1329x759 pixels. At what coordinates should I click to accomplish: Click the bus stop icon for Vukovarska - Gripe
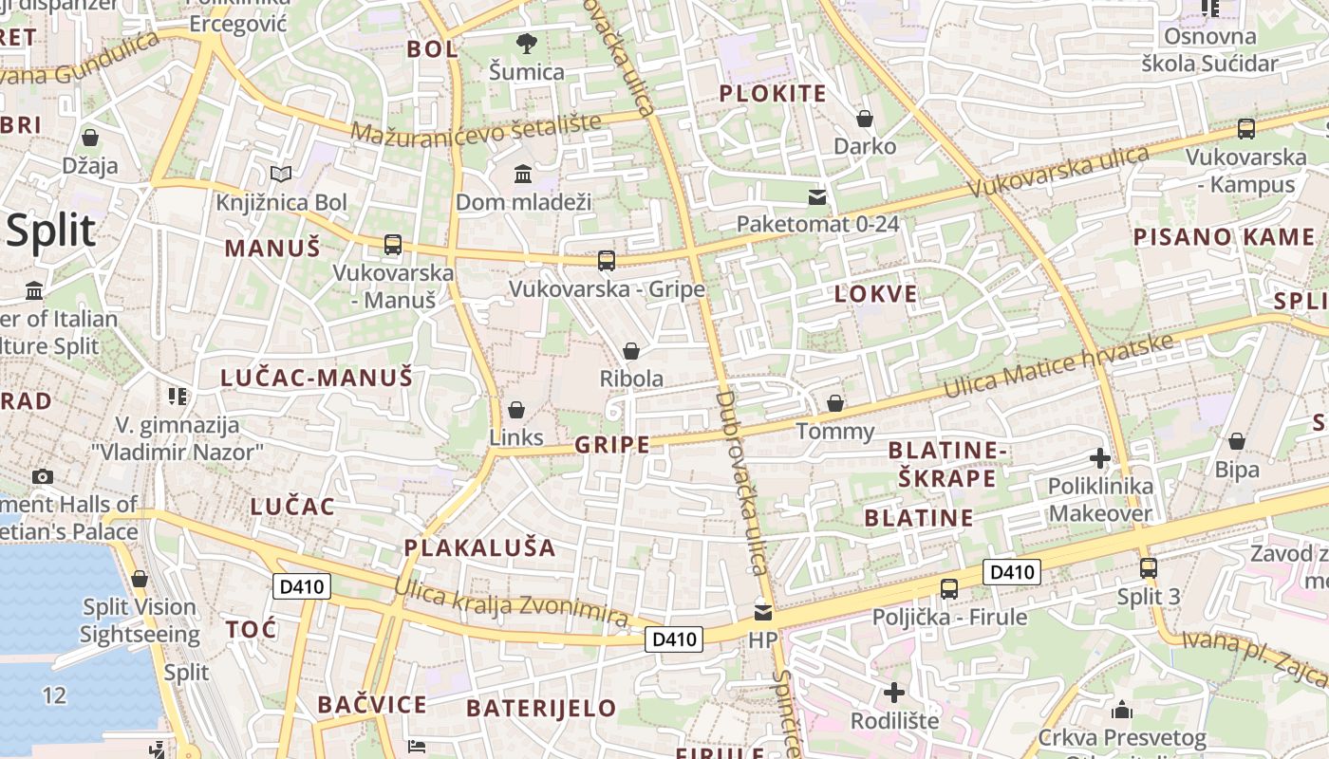click(x=607, y=260)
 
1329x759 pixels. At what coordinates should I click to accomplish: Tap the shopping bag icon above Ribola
click(x=631, y=351)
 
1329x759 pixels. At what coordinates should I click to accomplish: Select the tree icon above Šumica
click(x=526, y=43)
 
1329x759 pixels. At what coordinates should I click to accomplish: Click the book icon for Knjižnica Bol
click(x=280, y=174)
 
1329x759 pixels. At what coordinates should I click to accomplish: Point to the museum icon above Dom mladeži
click(x=523, y=174)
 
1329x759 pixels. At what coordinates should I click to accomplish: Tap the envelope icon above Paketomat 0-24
click(x=817, y=197)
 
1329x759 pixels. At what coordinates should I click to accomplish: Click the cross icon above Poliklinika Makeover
click(x=1100, y=459)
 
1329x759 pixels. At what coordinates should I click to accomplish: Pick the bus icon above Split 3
click(x=1149, y=568)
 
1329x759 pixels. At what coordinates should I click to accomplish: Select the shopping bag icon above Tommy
click(x=835, y=404)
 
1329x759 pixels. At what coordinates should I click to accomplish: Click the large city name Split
click(x=51, y=231)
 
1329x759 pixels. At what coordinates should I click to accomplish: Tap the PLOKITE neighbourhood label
click(x=773, y=93)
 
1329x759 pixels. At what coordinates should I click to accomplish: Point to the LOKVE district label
click(x=876, y=294)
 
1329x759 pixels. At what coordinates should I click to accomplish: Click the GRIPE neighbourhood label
click(x=612, y=444)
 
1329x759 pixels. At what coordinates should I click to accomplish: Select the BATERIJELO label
click(x=542, y=708)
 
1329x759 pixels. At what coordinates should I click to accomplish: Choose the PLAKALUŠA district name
click(x=480, y=547)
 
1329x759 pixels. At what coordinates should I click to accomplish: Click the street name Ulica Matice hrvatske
click(x=1058, y=365)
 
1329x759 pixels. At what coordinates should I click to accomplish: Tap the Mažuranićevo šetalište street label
click(x=477, y=127)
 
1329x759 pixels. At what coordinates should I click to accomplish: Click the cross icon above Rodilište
click(x=893, y=693)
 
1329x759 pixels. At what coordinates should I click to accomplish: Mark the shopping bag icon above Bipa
click(x=1237, y=441)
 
